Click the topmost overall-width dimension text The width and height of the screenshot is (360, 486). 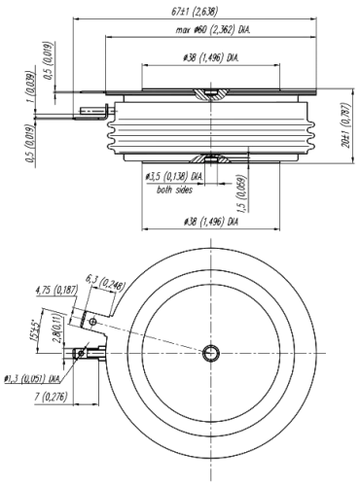tap(198, 11)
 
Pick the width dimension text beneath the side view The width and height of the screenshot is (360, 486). tap(212, 224)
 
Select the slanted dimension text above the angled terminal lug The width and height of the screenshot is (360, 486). tap(105, 284)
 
